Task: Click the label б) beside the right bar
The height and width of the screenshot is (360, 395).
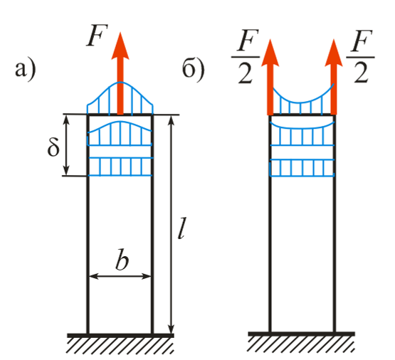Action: [x=194, y=70]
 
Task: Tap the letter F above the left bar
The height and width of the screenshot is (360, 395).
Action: [x=97, y=36]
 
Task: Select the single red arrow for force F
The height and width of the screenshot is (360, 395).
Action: [x=120, y=73]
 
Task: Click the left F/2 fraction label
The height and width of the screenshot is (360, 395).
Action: [x=246, y=57]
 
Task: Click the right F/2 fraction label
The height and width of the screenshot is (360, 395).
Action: [x=361, y=56]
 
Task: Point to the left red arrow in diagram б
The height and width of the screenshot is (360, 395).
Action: [x=270, y=77]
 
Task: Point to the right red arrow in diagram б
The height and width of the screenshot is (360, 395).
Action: [x=334, y=77]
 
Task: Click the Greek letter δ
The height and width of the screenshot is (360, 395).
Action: [x=53, y=147]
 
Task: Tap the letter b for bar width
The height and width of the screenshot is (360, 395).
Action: [x=122, y=259]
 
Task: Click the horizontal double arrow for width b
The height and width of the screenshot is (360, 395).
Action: [x=120, y=277]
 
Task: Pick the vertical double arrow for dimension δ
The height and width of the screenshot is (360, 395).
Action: [x=66, y=145]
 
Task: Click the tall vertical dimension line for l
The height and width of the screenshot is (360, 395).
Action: [x=172, y=225]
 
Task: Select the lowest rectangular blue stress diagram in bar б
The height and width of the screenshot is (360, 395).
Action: [x=302, y=168]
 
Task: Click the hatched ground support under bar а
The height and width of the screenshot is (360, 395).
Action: [x=120, y=344]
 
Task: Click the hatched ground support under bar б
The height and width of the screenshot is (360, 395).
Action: [x=301, y=342]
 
